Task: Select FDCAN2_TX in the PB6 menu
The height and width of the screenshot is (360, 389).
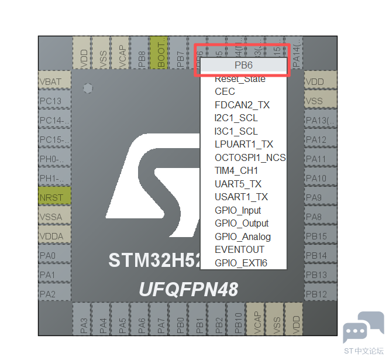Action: point(242,105)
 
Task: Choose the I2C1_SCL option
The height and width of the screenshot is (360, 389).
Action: point(236,118)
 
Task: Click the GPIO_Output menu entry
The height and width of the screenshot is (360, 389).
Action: point(242,223)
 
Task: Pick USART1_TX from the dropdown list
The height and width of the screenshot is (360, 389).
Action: point(241,197)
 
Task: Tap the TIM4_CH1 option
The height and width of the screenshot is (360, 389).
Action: point(236,170)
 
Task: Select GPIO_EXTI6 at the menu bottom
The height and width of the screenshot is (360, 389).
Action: point(240,263)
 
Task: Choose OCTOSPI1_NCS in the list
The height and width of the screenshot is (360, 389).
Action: point(250,157)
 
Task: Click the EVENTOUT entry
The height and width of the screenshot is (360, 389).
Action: point(239,249)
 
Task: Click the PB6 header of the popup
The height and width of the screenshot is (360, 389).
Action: point(243,66)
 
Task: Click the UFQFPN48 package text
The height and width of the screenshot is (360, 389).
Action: point(188,289)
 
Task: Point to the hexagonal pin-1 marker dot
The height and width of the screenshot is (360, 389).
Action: point(88,88)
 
